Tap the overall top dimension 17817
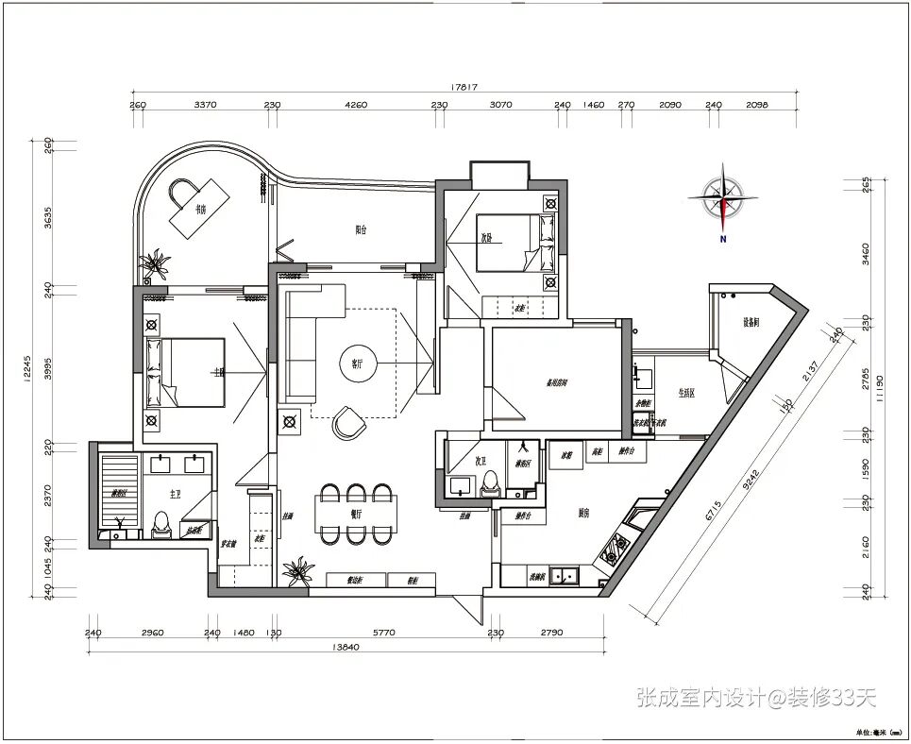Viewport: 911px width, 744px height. point(465,87)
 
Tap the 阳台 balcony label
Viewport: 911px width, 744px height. point(362,228)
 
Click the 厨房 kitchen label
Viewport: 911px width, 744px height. point(584,513)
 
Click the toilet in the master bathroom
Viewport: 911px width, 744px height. point(160,521)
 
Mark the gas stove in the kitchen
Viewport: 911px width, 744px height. point(618,547)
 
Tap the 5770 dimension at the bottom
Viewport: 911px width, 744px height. point(382,633)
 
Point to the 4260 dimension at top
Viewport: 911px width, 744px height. point(355,105)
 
